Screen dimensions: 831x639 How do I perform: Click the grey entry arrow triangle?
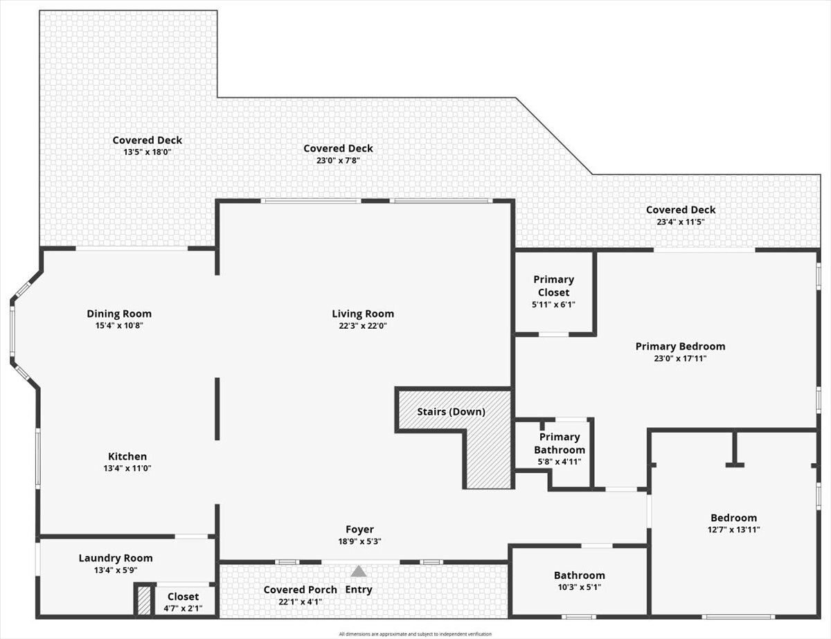tap(358, 571)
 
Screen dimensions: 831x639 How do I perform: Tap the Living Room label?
tap(363, 314)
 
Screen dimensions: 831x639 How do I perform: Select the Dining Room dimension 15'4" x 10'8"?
tap(119, 325)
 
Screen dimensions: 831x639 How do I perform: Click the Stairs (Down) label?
tap(452, 412)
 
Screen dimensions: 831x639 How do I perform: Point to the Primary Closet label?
tap(554, 286)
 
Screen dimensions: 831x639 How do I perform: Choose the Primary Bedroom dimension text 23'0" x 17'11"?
tap(680, 359)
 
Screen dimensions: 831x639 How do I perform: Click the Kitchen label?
tap(127, 456)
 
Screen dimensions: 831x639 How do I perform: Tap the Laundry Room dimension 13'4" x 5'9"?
tap(116, 570)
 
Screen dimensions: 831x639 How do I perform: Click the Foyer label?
tap(359, 530)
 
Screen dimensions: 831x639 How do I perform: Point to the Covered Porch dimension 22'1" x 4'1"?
tap(301, 602)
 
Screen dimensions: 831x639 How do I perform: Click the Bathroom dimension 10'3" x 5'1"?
tap(580, 587)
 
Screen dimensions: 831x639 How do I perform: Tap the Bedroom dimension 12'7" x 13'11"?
tap(734, 530)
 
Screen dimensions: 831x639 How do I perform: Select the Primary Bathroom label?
tap(560, 443)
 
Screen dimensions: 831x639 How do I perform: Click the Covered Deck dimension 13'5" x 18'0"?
tap(148, 152)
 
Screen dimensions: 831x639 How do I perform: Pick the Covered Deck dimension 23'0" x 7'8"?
tap(338, 161)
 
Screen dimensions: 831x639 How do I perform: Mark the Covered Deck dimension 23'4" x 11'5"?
tap(681, 222)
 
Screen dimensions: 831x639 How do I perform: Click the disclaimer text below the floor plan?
tap(415, 634)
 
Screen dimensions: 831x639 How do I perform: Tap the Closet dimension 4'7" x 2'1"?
tap(184, 609)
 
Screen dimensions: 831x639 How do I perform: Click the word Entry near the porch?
tap(359, 590)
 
